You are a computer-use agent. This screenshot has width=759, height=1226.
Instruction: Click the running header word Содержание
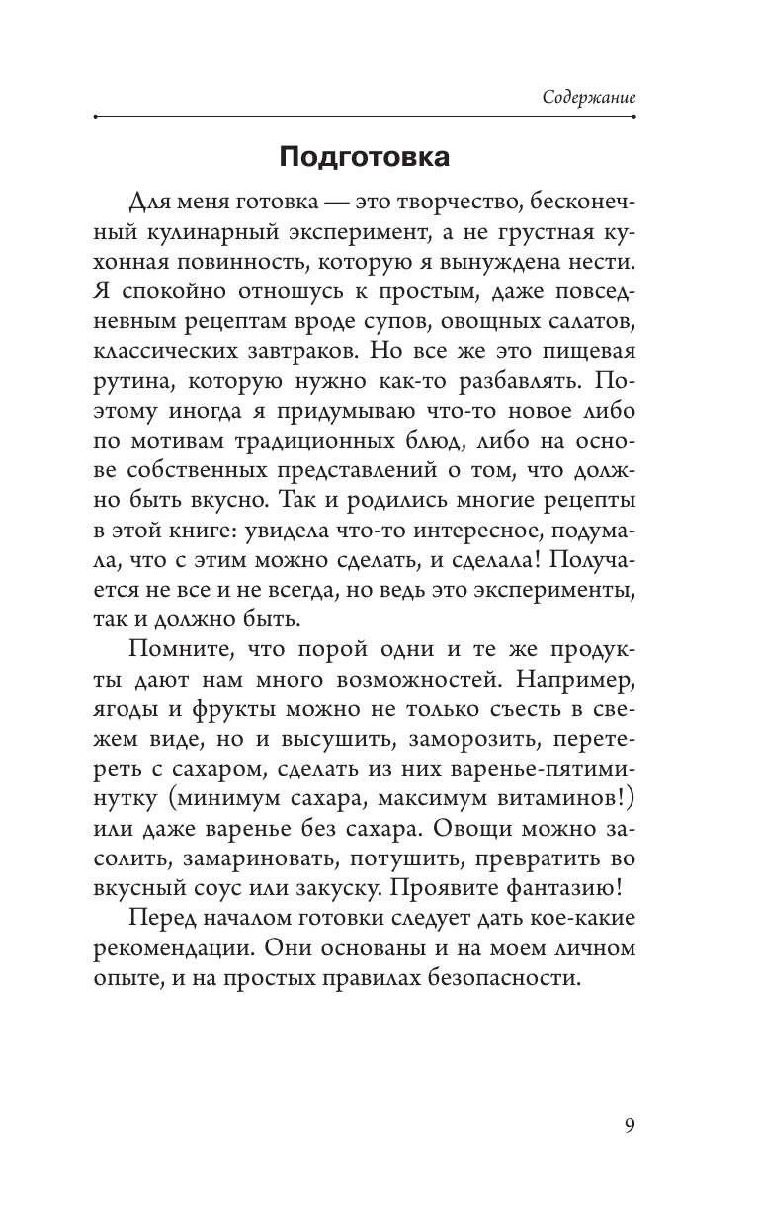click(x=589, y=99)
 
